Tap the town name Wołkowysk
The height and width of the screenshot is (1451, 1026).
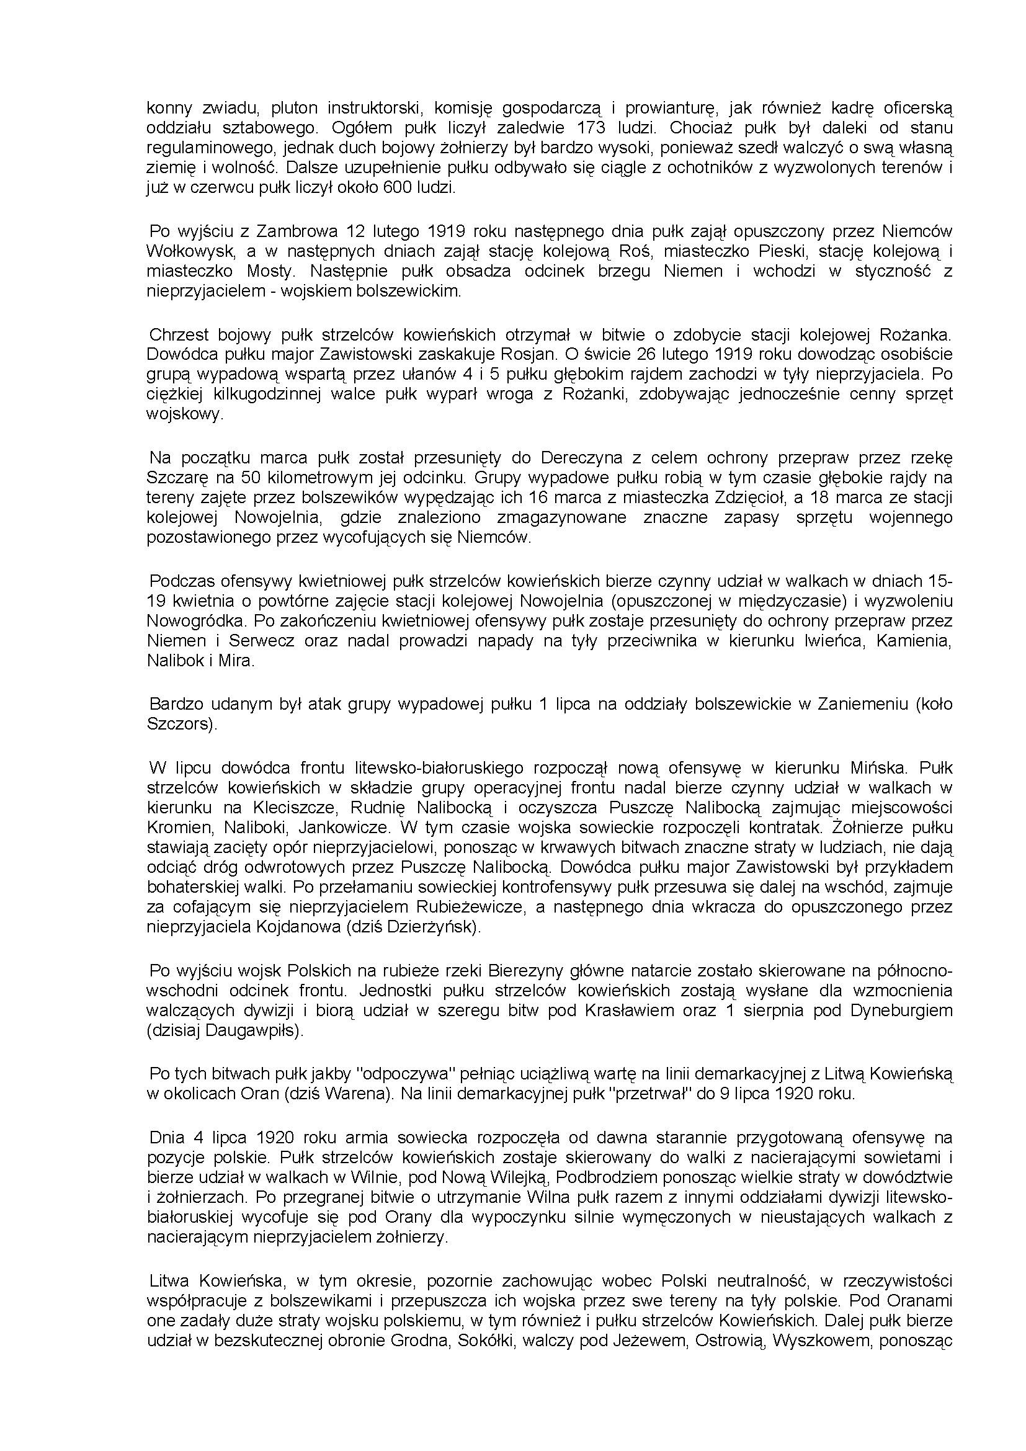coord(192,251)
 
